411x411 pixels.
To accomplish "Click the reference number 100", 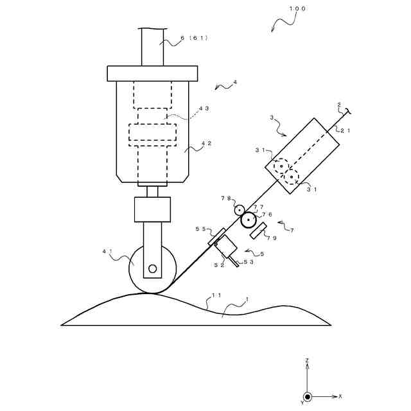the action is point(297,9).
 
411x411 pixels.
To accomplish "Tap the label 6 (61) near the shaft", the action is point(193,38).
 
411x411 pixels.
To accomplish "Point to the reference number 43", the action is point(204,109).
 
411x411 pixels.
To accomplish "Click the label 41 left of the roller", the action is point(107,252).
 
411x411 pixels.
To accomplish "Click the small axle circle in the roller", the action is point(152,268).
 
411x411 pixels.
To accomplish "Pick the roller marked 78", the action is point(239,210).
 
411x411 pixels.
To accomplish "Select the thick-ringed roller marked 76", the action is point(248,221).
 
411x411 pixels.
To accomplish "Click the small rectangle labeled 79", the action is point(259,230).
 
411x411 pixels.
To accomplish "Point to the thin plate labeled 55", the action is point(216,236).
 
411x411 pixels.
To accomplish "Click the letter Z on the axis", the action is point(308,360).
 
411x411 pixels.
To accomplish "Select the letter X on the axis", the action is point(340,396).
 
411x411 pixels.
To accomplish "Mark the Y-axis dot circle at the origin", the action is point(308,397).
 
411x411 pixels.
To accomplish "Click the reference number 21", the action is point(345,130).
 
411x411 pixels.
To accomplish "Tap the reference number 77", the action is point(258,207).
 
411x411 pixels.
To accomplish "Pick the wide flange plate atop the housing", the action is point(152,73).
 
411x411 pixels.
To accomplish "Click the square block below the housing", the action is point(152,209).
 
